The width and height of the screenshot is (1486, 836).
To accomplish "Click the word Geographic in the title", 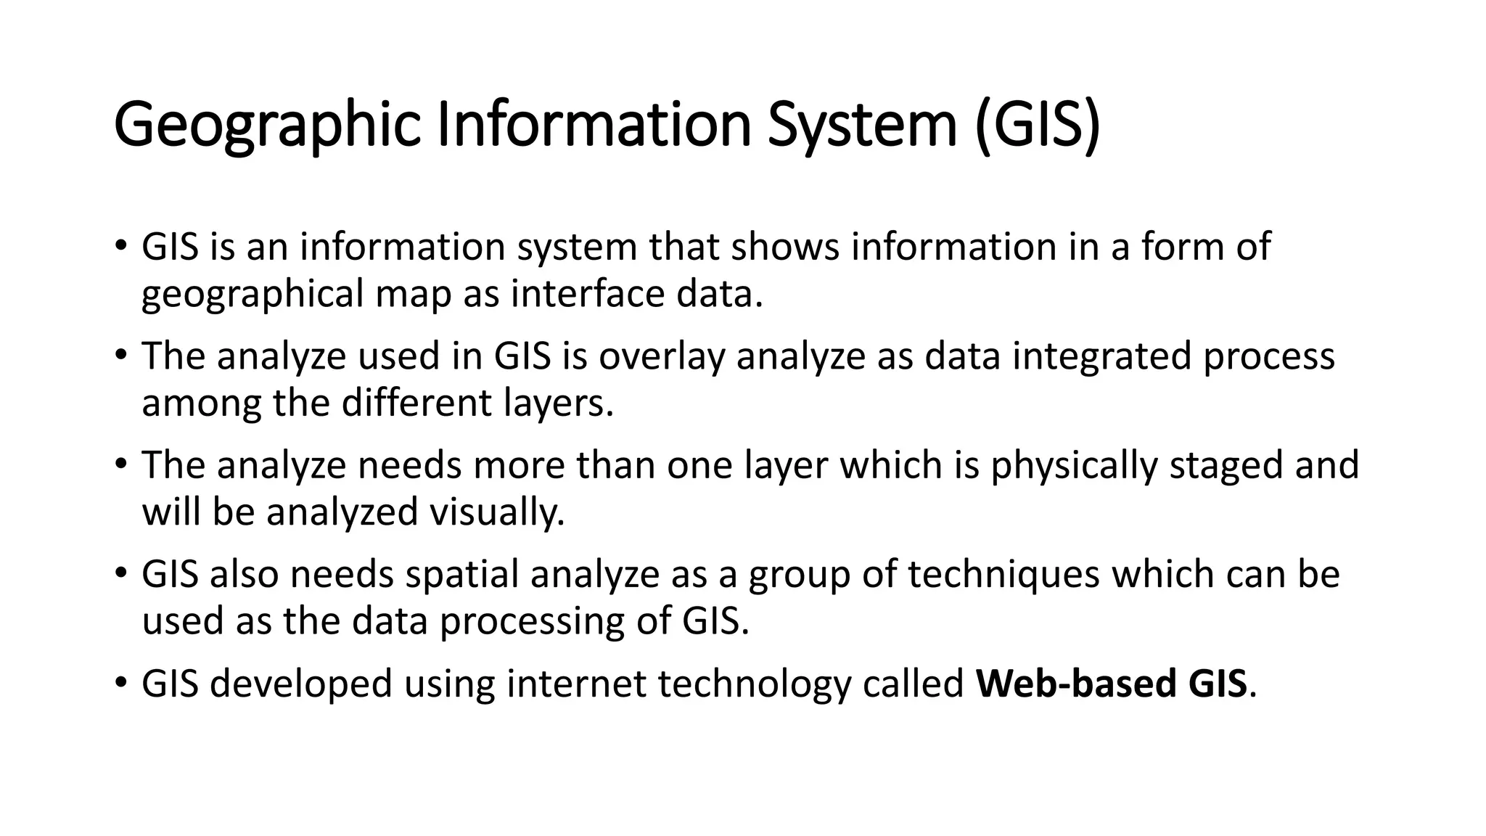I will [267, 126].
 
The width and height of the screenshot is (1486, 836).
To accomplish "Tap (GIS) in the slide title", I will [1037, 126].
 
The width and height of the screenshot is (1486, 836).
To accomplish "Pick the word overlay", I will [661, 356].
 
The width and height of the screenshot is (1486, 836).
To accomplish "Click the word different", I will [416, 403].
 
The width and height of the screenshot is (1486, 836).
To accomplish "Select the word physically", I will [1074, 465].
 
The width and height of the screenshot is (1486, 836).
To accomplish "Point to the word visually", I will [497, 512].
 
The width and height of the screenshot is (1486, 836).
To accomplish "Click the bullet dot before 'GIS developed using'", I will [120, 682].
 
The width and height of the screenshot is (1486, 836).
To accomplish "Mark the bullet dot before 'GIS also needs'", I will [120, 573].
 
